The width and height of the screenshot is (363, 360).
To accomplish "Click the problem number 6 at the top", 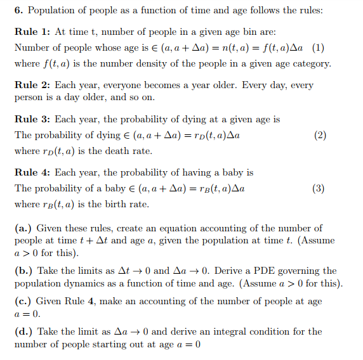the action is [18, 11].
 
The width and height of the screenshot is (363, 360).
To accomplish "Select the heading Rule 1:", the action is [32, 32].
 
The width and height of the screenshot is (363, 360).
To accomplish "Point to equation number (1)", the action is [318, 48].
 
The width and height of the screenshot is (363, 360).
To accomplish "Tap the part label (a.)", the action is [23, 228].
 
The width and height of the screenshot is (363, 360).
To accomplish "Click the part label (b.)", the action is [23, 271].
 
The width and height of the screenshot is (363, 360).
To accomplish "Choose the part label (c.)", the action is [23, 302].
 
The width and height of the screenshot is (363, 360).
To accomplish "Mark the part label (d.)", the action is [23, 331].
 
